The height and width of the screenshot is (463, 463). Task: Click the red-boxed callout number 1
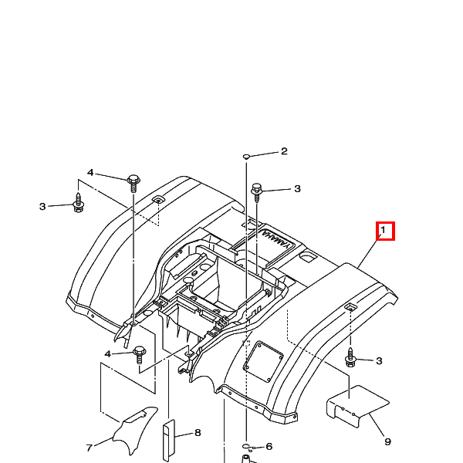point(385,231)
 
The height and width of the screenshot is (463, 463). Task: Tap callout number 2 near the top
point(283,151)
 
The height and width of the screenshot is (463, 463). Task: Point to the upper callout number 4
point(90,173)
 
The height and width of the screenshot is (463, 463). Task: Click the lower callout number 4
point(108,353)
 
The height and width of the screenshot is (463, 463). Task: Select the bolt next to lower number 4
point(140,354)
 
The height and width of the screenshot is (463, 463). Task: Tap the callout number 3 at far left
point(43,206)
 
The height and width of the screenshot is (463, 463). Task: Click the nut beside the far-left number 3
point(78,204)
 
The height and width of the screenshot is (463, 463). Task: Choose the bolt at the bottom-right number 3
point(350,360)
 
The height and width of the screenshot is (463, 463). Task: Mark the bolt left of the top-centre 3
point(257,189)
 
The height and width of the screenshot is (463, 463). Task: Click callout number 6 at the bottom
point(269,446)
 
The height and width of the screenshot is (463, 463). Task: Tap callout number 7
point(89,447)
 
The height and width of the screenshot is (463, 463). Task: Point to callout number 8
point(198,433)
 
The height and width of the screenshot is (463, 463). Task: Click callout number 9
point(387,441)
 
